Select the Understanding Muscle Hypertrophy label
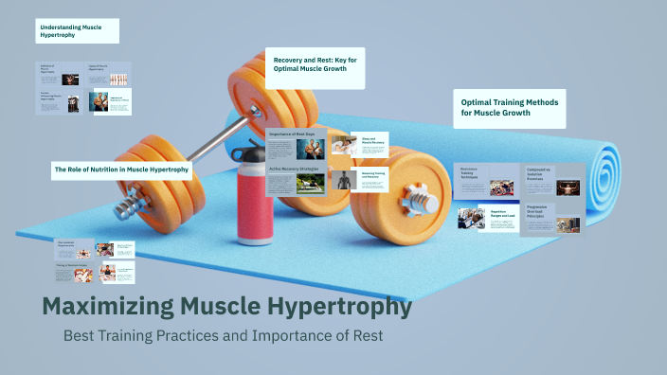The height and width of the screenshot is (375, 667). [x=77, y=31]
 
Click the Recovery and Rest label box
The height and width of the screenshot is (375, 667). [x=314, y=62]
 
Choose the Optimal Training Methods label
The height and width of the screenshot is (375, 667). [x=509, y=108]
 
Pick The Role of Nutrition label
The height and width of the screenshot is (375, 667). [x=122, y=170]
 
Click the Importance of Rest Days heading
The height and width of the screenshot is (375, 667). [x=293, y=134]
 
